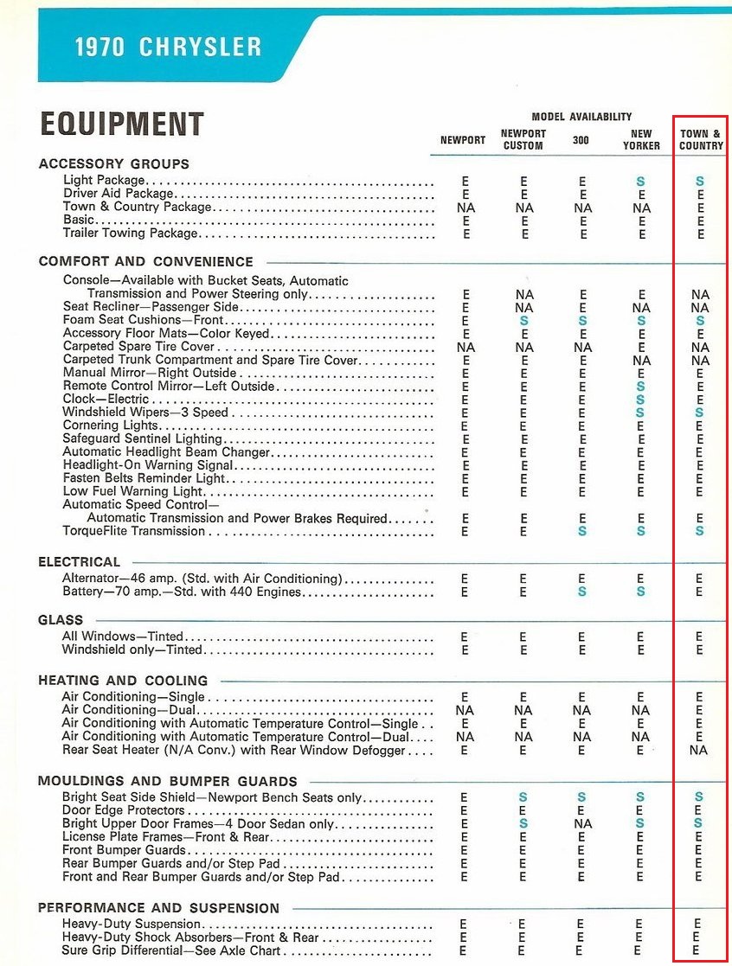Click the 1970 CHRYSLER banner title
pyautogui.click(x=168, y=46)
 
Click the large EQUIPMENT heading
pyautogui.click(x=121, y=125)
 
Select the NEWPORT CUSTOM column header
pyautogui.click(x=523, y=139)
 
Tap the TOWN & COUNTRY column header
pyautogui.click(x=701, y=139)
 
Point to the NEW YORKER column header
pyautogui.click(x=641, y=139)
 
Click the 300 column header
pyautogui.click(x=581, y=139)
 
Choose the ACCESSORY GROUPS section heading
pyautogui.click(x=113, y=163)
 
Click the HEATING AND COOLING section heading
pyautogui.click(x=123, y=681)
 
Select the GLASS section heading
pyautogui.click(x=61, y=620)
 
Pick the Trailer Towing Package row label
pyautogui.click(x=131, y=234)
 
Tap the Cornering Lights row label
pyautogui.click(x=111, y=425)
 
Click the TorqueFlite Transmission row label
pyautogui.click(x=134, y=531)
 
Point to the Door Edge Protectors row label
pyautogui.click(x=124, y=810)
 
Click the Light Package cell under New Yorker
pyautogui.click(x=640, y=182)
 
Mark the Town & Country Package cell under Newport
pyautogui.click(x=465, y=208)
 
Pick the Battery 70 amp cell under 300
pyautogui.click(x=582, y=592)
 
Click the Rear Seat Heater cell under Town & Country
pyautogui.click(x=698, y=750)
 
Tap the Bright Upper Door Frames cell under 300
pyautogui.click(x=582, y=824)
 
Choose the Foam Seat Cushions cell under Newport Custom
pyautogui.click(x=523, y=321)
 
